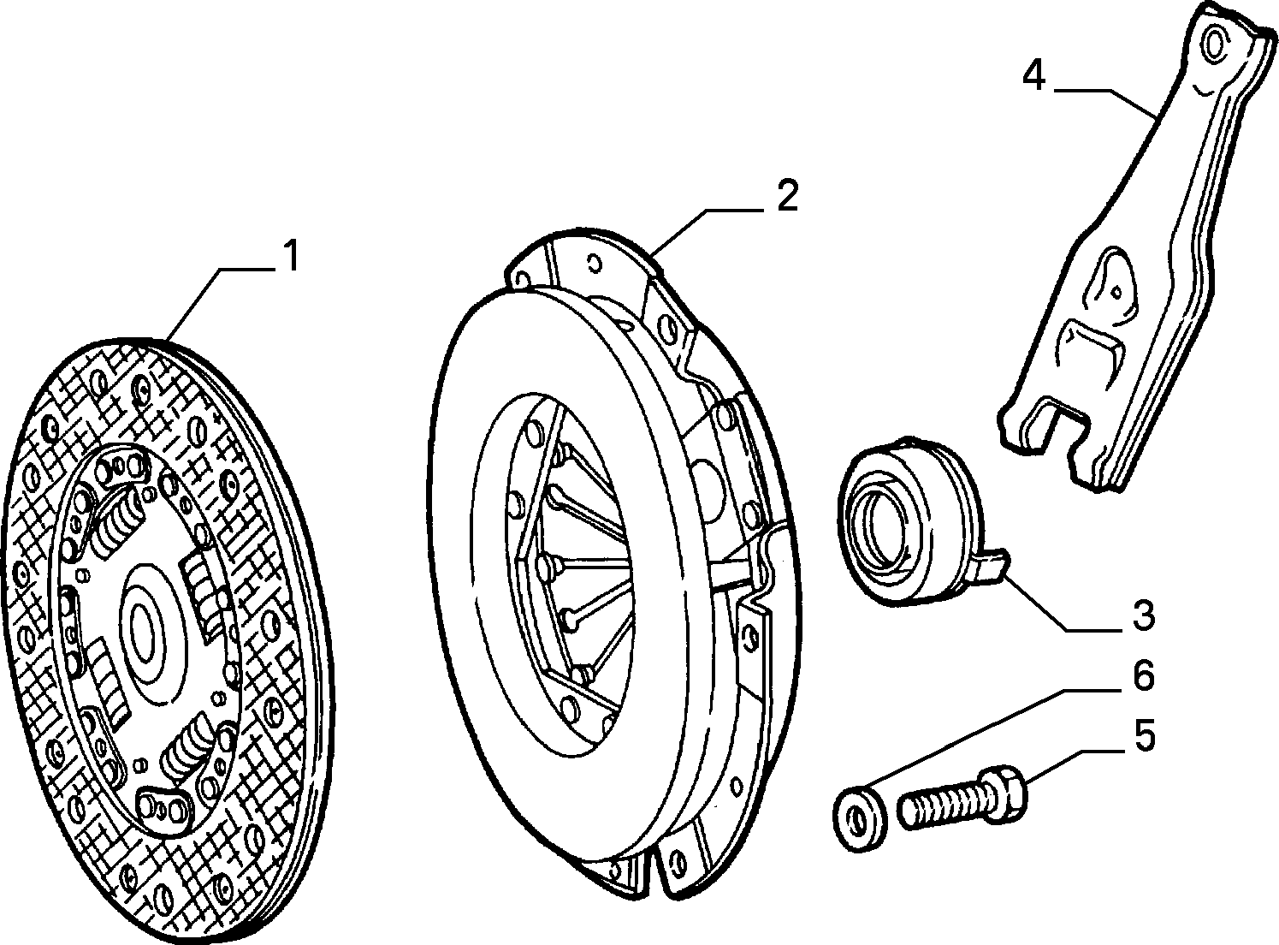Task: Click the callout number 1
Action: tap(292, 257)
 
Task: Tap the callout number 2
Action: tap(787, 195)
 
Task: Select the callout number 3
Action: tap(1142, 615)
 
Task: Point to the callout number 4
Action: tap(1035, 76)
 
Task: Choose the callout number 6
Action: tap(1142, 675)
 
